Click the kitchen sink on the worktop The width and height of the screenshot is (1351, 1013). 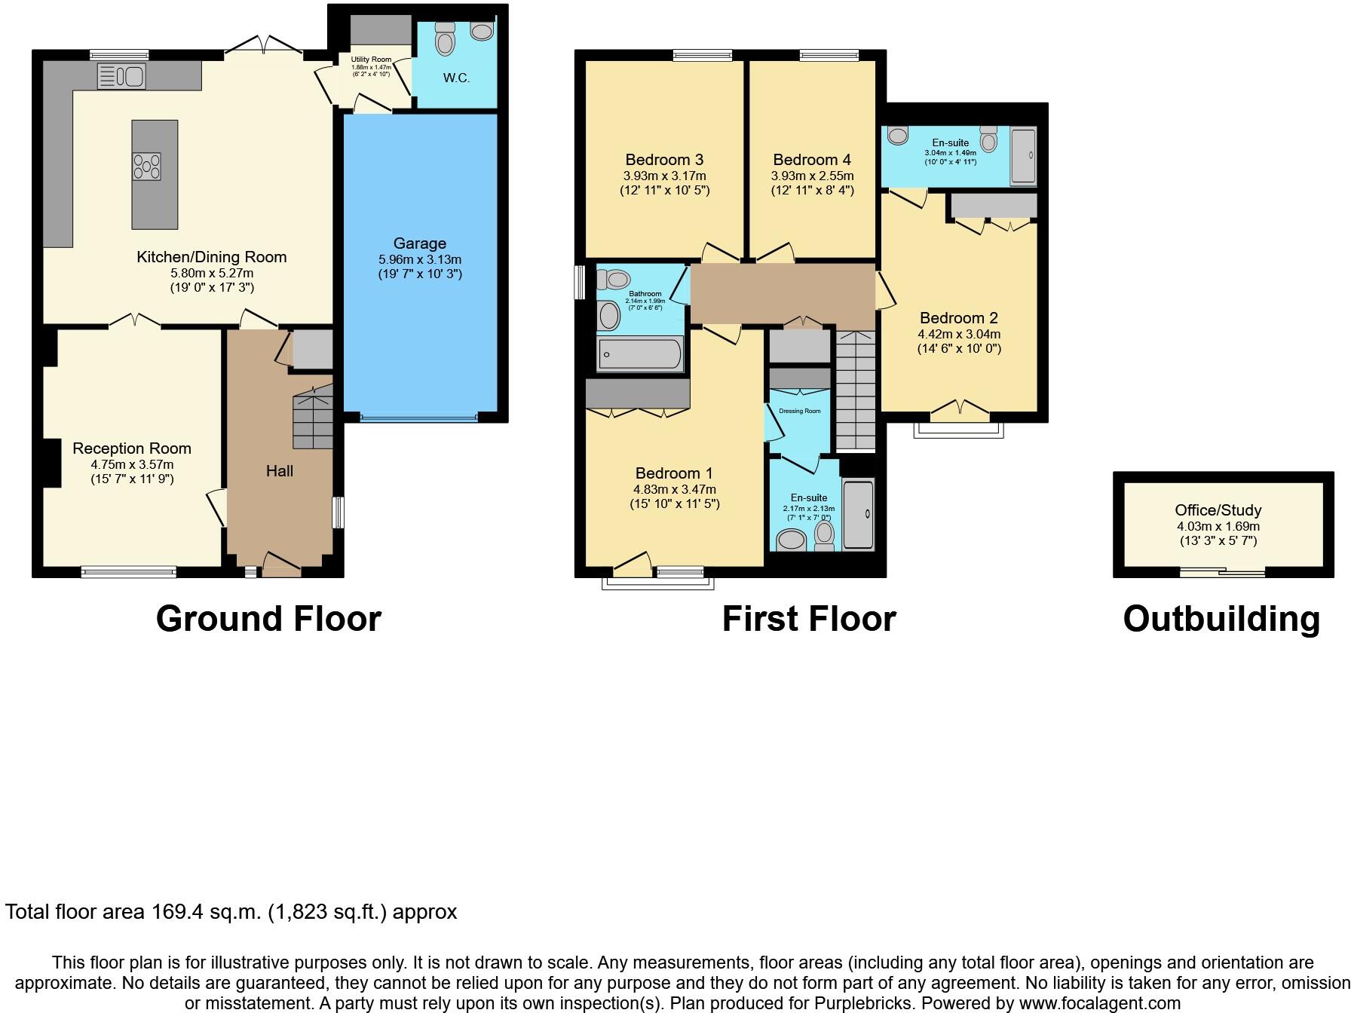click(121, 76)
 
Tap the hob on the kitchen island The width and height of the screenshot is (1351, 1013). click(146, 167)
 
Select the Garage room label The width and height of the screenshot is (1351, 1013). click(419, 243)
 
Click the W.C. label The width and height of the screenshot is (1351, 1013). click(456, 78)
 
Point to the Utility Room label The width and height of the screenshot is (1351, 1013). click(371, 60)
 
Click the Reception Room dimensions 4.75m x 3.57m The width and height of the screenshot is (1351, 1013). click(132, 464)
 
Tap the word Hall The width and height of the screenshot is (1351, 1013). click(279, 471)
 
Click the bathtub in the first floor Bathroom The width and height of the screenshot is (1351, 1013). click(640, 353)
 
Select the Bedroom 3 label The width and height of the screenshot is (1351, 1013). click(664, 160)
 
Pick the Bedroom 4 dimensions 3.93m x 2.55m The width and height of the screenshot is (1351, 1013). click(812, 176)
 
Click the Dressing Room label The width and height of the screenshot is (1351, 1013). click(799, 411)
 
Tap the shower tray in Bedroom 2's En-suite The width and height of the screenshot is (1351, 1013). click(1023, 156)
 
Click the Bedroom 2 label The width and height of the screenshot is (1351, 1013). click(958, 318)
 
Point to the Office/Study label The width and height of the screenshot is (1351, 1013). click(1218, 510)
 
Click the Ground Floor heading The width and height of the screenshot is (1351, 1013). click(268, 619)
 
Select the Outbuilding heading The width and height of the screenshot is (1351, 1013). click(1221, 619)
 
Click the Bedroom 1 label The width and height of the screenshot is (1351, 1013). click(674, 473)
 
